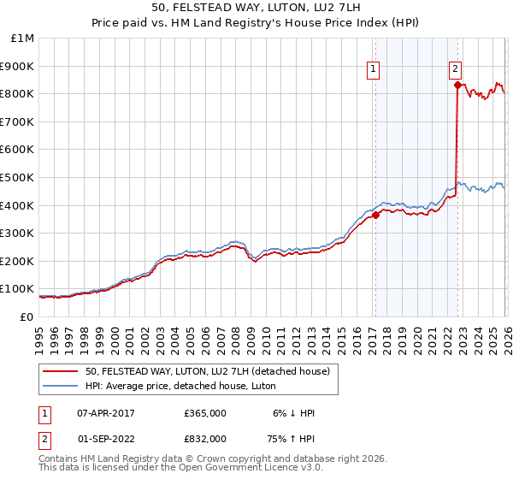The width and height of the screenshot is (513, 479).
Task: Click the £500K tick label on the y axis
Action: click(x=17, y=177)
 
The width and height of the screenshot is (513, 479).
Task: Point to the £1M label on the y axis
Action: click(x=22, y=38)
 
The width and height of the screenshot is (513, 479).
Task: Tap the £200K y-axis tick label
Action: click(x=17, y=261)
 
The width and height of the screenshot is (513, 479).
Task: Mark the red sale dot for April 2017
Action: click(x=375, y=216)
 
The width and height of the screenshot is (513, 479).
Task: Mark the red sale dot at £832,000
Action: click(x=457, y=85)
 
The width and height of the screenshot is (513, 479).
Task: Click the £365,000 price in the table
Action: click(x=205, y=413)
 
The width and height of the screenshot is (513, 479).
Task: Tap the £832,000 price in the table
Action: click(x=205, y=438)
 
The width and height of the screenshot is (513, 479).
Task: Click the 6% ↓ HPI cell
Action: click(x=295, y=413)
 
